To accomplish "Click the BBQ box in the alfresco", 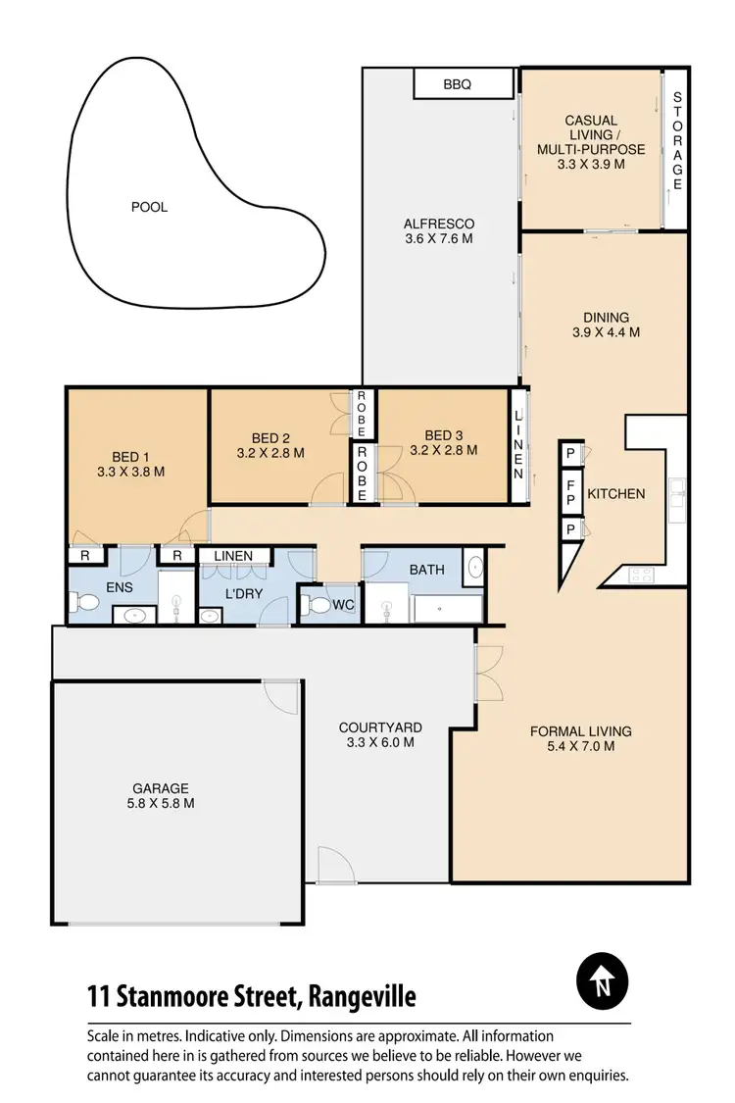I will click(457, 84).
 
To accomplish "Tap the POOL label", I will click(149, 207).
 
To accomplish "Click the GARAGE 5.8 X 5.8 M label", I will click(163, 795).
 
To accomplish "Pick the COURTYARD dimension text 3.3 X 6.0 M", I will click(380, 742).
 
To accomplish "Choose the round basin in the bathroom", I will click(474, 567).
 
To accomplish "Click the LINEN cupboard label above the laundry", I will click(233, 556).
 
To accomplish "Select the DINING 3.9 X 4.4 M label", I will click(606, 325).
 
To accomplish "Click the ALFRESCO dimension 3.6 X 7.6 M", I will click(439, 238).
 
